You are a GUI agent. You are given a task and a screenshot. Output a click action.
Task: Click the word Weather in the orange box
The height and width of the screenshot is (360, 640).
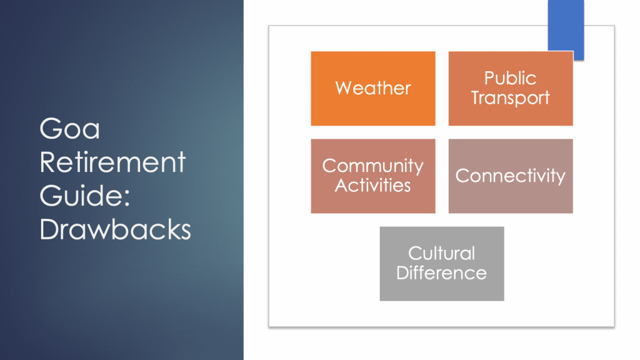(x=373, y=88)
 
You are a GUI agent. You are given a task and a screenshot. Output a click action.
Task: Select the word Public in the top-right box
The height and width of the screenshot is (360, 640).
(x=510, y=78)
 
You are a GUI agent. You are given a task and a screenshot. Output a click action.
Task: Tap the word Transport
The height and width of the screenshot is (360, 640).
(x=510, y=98)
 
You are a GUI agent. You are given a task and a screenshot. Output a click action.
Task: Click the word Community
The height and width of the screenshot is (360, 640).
(x=373, y=166)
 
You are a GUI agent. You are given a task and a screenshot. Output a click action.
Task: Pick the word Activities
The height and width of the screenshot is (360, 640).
(x=373, y=186)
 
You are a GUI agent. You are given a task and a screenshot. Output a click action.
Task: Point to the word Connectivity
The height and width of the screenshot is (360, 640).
(x=510, y=176)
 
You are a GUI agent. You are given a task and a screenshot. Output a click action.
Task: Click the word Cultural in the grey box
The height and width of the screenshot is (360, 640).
(x=442, y=254)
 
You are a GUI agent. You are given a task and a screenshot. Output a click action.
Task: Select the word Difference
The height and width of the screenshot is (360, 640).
(x=442, y=272)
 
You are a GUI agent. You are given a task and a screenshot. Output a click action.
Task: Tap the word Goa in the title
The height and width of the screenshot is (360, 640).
(x=70, y=129)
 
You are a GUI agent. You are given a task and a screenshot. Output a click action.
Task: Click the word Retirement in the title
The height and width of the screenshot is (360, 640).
(x=112, y=162)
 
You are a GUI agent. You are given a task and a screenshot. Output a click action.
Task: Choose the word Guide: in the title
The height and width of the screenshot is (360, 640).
(x=85, y=196)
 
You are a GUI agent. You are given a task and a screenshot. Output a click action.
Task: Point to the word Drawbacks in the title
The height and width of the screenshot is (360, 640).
(x=116, y=229)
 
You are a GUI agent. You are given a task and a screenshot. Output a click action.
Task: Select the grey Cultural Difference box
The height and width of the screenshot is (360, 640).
(x=442, y=264)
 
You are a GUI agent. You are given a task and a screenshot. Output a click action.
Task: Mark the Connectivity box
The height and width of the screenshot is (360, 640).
(x=511, y=176)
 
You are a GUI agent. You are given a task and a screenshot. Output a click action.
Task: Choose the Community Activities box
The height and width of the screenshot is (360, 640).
(x=373, y=176)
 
